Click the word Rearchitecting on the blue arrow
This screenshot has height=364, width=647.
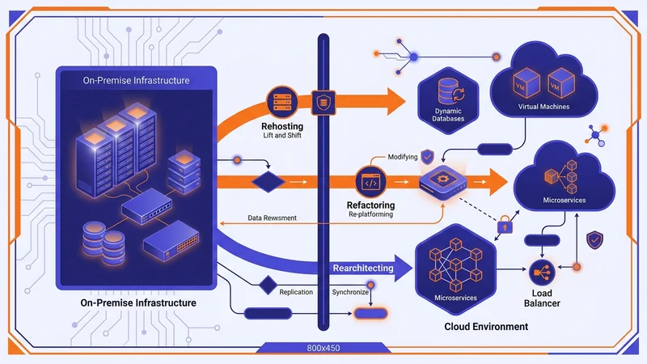(x=363, y=268)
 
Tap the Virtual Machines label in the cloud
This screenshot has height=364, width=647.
(x=543, y=106)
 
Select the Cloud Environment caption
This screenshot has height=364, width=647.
(x=487, y=327)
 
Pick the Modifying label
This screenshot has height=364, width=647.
(x=403, y=156)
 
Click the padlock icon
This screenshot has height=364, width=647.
(x=503, y=224)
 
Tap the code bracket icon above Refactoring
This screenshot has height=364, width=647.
(x=368, y=182)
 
